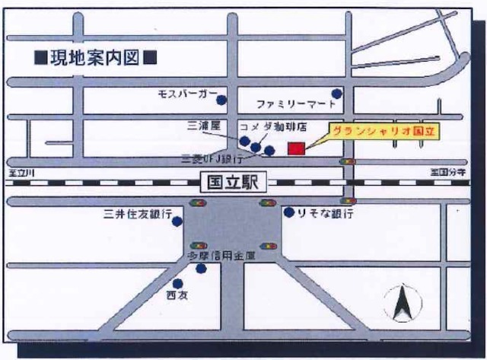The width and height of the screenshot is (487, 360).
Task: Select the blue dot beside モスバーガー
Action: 221,100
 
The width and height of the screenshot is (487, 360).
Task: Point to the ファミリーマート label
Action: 293,103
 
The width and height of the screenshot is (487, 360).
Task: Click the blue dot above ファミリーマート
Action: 337,94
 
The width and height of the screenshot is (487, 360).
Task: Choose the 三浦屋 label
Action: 203,123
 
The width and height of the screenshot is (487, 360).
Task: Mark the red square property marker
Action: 296,148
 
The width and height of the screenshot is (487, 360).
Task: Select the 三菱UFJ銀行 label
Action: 212,160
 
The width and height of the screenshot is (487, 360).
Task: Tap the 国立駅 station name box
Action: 234,183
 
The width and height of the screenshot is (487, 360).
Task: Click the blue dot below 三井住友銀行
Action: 177,221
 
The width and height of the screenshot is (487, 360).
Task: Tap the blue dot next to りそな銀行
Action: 289,212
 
